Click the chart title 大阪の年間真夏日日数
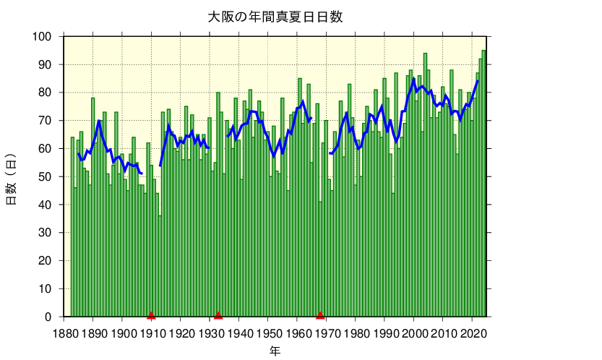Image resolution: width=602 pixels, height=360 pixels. [x=275, y=17]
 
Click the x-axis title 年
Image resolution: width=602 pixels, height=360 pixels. [x=275, y=351]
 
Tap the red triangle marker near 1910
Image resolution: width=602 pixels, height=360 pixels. [x=151, y=314]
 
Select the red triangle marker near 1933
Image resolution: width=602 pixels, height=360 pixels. [x=218, y=314]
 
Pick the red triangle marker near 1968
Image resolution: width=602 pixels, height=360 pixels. [x=320, y=314]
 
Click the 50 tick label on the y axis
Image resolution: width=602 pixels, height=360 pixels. [x=45, y=177]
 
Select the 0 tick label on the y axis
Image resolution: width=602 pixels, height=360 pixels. [x=48, y=317]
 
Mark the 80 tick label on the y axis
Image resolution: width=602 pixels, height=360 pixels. [x=45, y=93]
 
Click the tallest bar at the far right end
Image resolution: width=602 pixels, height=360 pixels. [x=483, y=181]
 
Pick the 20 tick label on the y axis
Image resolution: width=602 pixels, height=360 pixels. [x=45, y=261]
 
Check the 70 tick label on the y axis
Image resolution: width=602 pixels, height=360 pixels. [x=45, y=121]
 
